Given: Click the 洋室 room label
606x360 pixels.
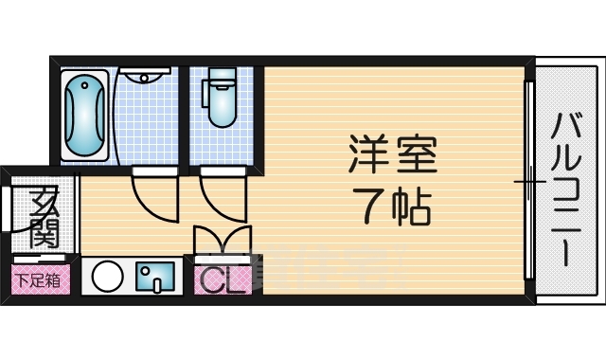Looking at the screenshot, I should coord(393,154).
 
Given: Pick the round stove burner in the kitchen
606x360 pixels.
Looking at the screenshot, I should coord(105,278).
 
